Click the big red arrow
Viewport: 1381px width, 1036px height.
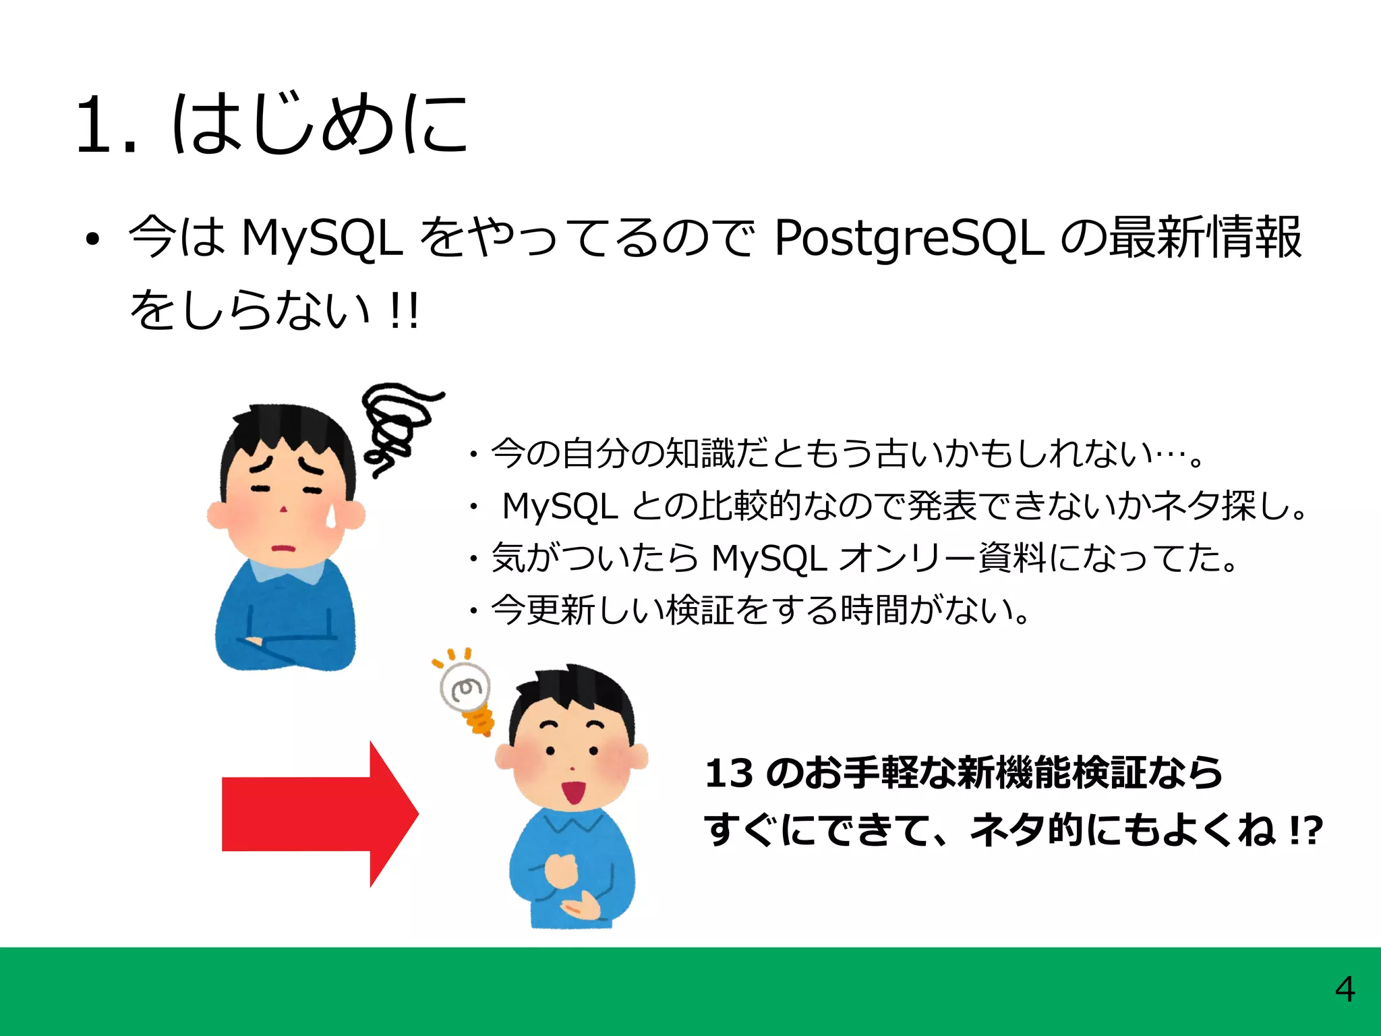point(317,813)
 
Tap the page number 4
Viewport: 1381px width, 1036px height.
point(1345,990)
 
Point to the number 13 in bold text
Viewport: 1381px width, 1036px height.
point(728,773)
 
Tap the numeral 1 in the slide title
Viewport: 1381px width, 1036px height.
point(94,125)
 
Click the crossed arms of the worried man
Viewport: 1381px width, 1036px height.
point(283,644)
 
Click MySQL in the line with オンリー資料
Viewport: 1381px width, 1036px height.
point(769,558)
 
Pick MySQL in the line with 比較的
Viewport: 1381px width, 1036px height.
point(560,506)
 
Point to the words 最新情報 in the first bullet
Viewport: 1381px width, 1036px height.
point(1204,237)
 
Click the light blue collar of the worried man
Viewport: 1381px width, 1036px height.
point(287,572)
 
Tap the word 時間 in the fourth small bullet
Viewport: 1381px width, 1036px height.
point(874,610)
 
